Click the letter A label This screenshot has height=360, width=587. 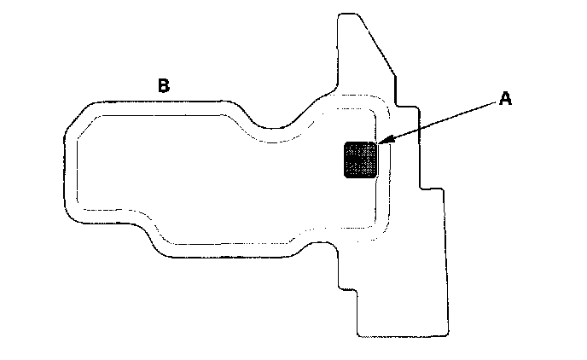pos(505,100)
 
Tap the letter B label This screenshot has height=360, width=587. pos(163,85)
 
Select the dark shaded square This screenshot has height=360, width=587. pos(360,160)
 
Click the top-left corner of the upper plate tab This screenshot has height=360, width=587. pos(339,15)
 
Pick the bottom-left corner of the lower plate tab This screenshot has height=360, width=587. pos(356,334)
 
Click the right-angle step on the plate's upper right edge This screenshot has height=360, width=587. pos(418,107)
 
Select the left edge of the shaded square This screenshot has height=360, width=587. pos(343,160)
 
